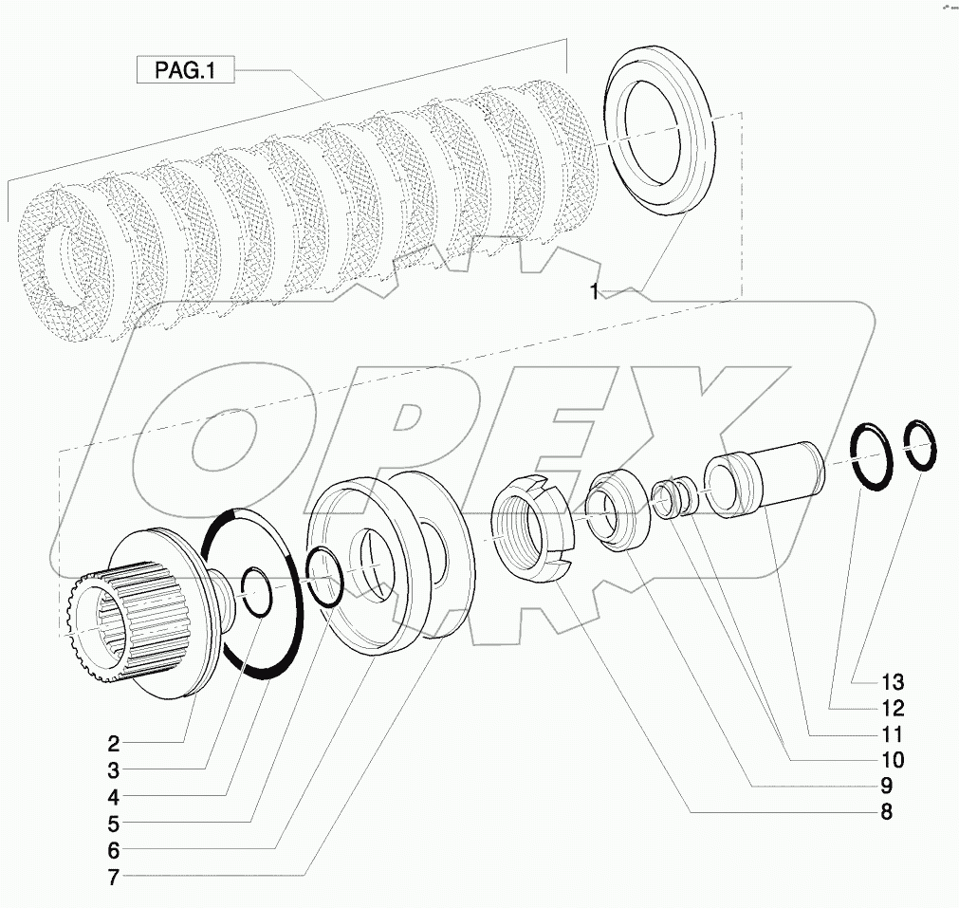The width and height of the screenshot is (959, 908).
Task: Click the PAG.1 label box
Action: coord(184,70)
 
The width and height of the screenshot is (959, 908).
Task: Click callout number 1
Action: coord(595,293)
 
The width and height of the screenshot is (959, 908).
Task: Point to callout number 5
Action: coord(113,823)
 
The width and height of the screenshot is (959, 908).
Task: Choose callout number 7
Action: coord(113,878)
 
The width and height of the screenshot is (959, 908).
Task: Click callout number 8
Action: coord(885,812)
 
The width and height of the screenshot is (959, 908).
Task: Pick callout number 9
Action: coord(885,786)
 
